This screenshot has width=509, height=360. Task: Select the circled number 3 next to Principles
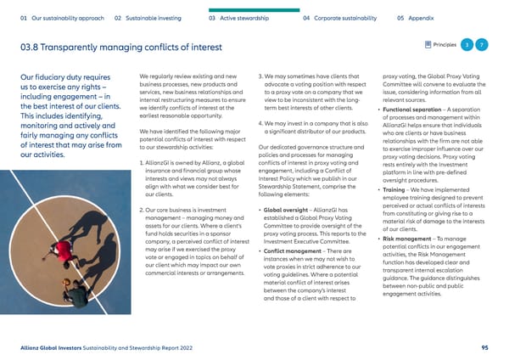click(466, 44)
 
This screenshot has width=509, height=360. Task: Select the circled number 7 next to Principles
click(482, 44)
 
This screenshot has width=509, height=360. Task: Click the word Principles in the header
click(441, 44)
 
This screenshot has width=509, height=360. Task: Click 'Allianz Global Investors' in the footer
click(55, 347)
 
